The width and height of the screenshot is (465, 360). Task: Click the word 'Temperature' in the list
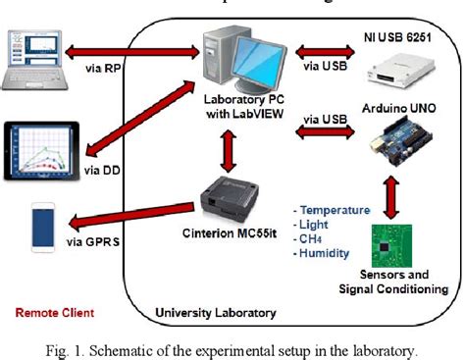pyautogui.click(x=336, y=210)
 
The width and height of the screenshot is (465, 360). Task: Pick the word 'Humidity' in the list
pyautogui.click(x=328, y=250)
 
